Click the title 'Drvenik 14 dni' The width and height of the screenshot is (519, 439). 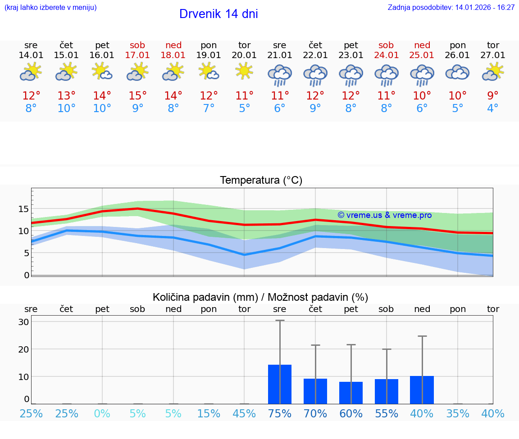[x=219, y=14]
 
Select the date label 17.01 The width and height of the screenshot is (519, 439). [x=138, y=55]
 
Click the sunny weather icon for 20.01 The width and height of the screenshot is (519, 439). [x=244, y=72]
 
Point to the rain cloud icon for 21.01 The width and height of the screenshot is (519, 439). [x=280, y=74]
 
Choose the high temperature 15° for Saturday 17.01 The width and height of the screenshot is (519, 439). [x=138, y=96]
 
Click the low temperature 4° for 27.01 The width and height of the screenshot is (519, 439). [x=493, y=109]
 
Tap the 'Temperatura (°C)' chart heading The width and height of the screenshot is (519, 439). [x=261, y=181]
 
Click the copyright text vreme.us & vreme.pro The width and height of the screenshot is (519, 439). [x=384, y=215]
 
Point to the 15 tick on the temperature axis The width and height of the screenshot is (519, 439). [x=24, y=209]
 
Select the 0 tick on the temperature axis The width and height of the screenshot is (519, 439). [x=27, y=275]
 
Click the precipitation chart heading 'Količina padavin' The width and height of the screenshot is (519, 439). [x=260, y=297]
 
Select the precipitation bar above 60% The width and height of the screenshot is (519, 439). [x=351, y=393]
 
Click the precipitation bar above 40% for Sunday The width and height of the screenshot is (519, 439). [x=422, y=389]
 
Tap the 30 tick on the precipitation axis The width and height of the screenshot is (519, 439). [x=24, y=322]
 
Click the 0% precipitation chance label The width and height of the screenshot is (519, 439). [x=102, y=414]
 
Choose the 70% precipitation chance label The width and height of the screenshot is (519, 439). [x=315, y=414]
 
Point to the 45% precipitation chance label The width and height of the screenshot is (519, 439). [x=244, y=414]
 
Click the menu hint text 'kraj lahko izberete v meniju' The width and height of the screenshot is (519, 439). [x=50, y=8]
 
